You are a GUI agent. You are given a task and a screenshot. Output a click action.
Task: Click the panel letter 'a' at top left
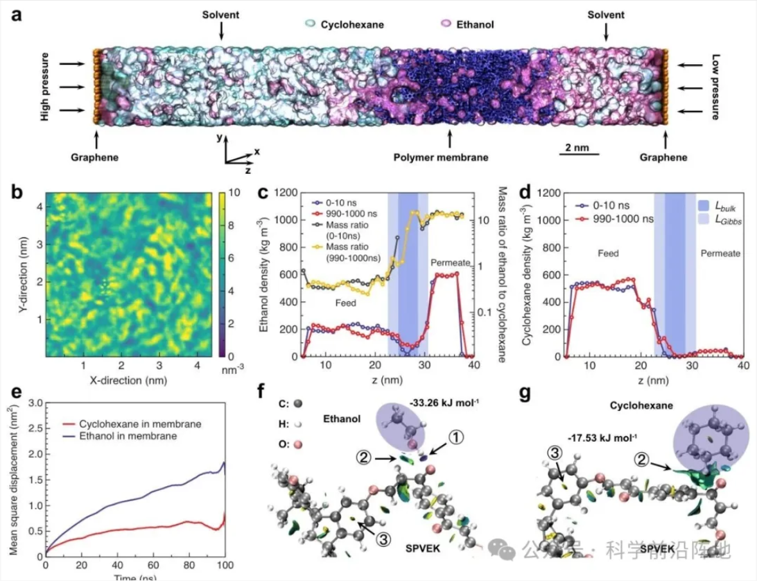pos(17,14)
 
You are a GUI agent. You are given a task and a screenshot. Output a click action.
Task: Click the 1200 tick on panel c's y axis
pos(288,192)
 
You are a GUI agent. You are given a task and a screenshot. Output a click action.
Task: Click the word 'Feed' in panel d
pos(607,254)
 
